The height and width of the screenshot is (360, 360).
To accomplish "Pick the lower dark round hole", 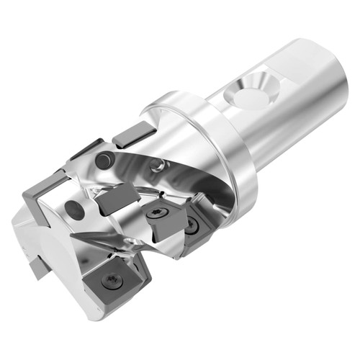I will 74,210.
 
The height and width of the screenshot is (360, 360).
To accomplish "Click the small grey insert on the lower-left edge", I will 37,268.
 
